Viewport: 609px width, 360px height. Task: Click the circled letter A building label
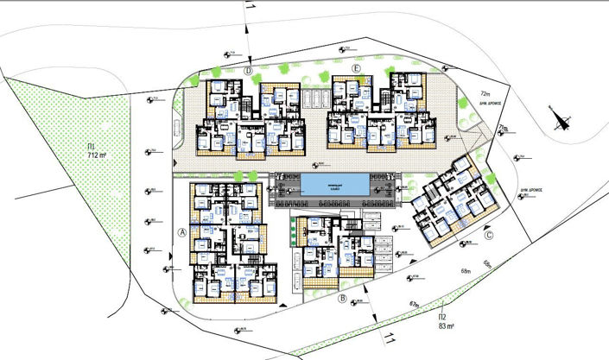[182, 232]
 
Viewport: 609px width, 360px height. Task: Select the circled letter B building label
[343, 299]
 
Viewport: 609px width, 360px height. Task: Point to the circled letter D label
[248, 71]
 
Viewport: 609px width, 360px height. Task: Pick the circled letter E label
[356, 67]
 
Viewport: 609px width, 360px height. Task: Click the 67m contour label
[414, 304]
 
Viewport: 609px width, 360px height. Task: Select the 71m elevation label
[504, 128]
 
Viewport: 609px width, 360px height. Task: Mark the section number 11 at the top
[251, 8]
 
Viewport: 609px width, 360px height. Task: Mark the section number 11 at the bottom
[389, 338]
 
